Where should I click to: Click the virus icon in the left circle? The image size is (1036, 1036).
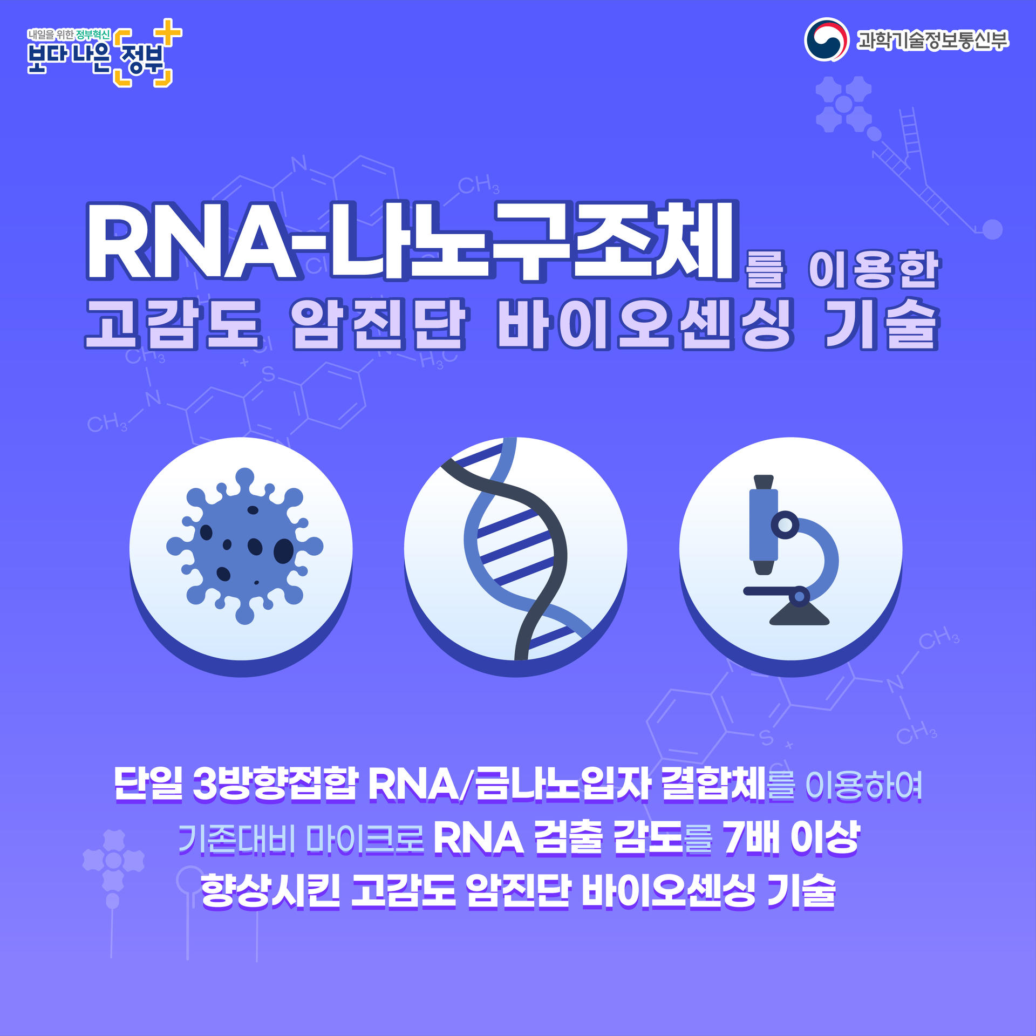click(244, 546)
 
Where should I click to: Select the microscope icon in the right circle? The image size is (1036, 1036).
click(790, 550)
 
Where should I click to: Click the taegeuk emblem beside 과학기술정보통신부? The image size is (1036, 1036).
click(826, 40)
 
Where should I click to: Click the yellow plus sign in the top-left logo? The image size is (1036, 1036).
click(169, 32)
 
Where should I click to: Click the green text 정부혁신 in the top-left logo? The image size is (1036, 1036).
click(93, 35)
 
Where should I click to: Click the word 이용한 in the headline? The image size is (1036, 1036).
click(874, 270)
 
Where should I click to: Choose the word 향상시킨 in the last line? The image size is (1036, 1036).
click(270, 891)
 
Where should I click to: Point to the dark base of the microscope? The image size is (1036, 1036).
click(799, 615)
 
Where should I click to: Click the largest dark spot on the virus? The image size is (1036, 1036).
click(284, 551)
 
